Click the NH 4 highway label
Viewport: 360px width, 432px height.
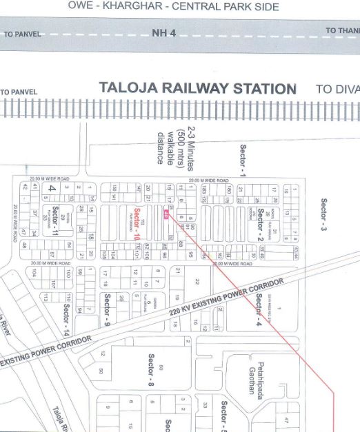tap(163, 33)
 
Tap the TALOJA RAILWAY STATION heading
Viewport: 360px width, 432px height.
tap(198, 89)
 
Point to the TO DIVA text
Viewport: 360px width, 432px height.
tap(337, 89)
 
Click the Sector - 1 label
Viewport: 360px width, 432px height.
tap(242, 160)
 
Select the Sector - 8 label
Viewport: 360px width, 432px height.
tap(150, 369)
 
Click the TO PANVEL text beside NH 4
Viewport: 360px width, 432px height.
tap(22, 34)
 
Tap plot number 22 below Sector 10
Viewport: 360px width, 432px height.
tap(196, 281)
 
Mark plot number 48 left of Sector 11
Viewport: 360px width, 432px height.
tap(23, 245)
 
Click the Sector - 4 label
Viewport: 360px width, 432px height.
tap(259, 309)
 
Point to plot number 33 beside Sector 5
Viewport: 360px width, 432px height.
tap(205, 405)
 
